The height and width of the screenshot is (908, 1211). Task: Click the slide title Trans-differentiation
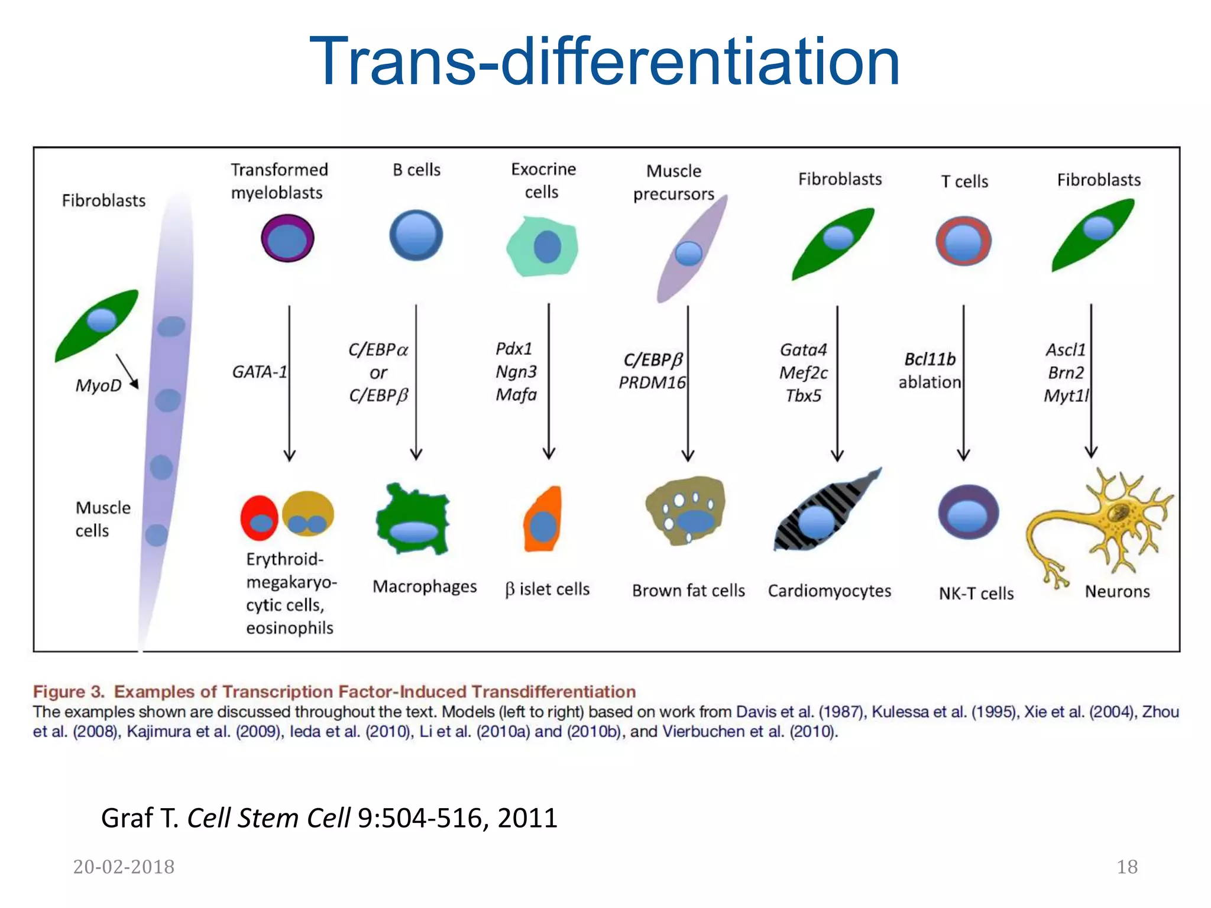(604, 62)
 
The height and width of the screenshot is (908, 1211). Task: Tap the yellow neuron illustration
(1112, 520)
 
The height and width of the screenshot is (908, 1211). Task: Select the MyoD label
(98, 385)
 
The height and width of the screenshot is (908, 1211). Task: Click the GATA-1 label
(259, 372)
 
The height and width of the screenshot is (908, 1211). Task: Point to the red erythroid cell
(259, 518)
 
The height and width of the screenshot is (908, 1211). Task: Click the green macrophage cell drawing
(413, 520)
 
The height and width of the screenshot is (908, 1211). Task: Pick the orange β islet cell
(543, 520)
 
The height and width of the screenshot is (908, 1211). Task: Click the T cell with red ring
(963, 241)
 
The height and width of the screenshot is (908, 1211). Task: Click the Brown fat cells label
(688, 591)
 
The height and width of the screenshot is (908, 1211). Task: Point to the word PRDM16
(652, 383)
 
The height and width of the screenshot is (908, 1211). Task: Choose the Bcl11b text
(930, 359)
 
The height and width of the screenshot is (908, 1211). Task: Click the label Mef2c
(804, 373)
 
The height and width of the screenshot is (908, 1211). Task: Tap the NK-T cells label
(976, 594)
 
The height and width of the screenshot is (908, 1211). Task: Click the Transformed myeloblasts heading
(279, 181)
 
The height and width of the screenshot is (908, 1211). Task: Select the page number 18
(1127, 867)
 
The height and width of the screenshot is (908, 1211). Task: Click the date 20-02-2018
(124, 867)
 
